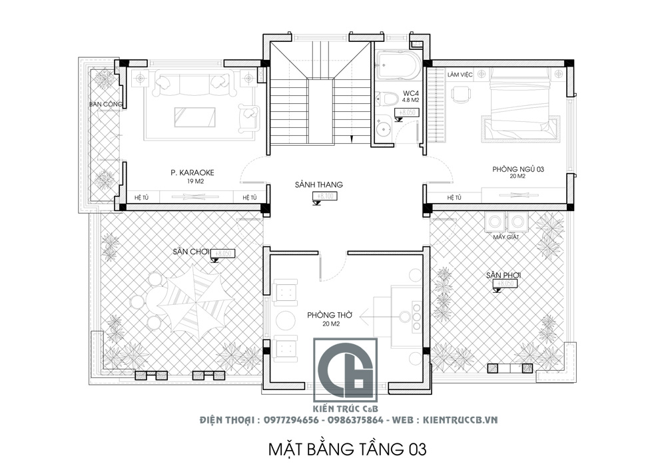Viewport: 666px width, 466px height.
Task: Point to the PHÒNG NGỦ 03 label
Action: point(518,170)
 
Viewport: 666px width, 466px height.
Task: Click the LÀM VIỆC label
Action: point(460,75)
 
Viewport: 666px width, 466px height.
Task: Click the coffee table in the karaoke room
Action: point(195,117)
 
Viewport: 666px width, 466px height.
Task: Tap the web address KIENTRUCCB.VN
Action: point(460,421)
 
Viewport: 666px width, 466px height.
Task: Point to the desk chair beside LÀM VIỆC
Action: point(460,96)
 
